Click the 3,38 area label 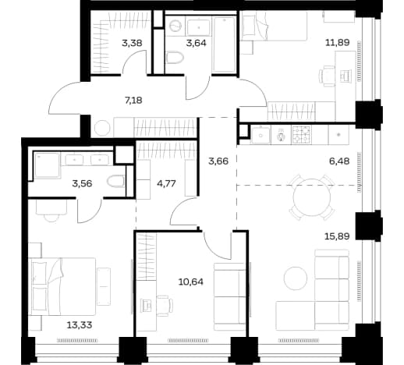132,43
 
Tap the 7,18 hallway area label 133,100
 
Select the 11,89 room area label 338,42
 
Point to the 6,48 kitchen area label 339,161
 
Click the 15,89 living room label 337,236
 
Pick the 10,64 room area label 191,282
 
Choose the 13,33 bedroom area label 80,325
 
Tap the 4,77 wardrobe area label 166,183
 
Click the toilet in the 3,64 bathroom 175,58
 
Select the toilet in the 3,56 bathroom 115,181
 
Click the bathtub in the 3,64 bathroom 224,44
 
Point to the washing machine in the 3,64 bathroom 175,26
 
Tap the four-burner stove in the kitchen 302,135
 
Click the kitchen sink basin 260,135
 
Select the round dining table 312,197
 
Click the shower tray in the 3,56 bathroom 47,166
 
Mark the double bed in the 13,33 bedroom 62,286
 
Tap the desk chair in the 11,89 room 327,76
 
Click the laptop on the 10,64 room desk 146,305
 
